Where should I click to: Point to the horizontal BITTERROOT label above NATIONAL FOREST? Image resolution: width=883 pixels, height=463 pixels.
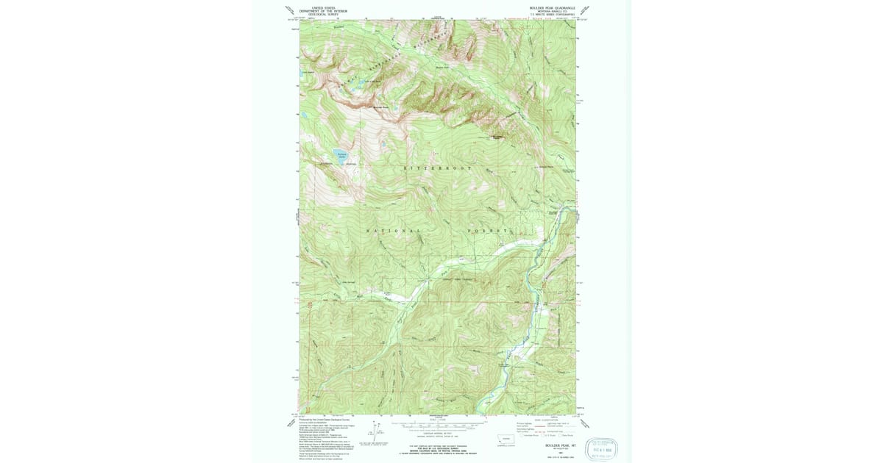437,168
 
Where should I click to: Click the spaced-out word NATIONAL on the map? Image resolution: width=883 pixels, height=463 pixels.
394,231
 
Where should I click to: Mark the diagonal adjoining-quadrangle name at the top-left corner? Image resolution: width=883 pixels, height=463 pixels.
290,10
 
